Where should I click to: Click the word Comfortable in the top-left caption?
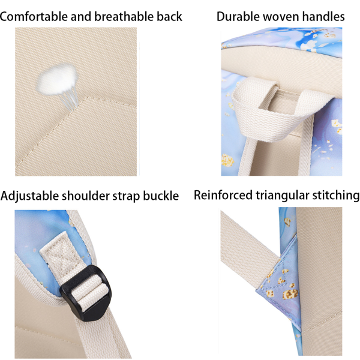34,16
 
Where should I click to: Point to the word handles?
325,16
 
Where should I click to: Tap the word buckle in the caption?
160,196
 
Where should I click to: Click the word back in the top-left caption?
169,16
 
